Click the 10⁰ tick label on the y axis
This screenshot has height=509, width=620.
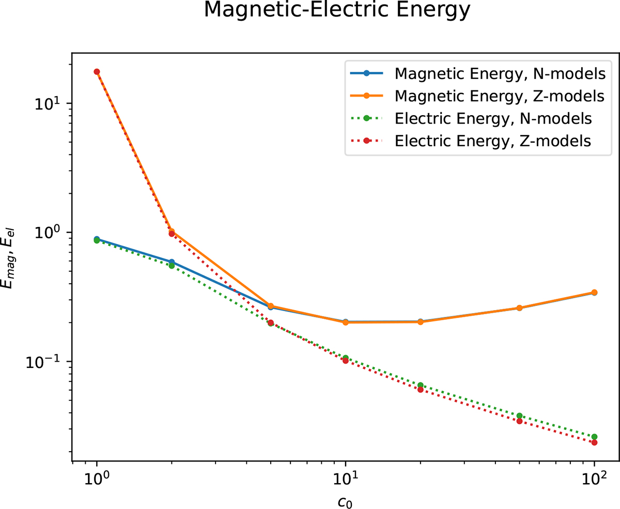coord(49,232)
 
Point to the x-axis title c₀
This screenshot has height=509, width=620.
coord(345,499)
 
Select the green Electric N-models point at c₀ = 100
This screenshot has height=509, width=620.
coord(594,437)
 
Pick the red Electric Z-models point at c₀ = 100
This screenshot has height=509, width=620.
coord(594,442)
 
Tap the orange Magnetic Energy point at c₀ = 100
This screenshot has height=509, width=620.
coord(594,292)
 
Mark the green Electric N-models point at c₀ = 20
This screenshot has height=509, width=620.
coord(421,385)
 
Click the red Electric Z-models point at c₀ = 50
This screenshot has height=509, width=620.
coord(519,421)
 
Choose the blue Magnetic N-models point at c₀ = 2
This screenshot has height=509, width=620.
coord(172,262)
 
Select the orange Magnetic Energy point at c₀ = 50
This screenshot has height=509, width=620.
coord(519,308)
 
